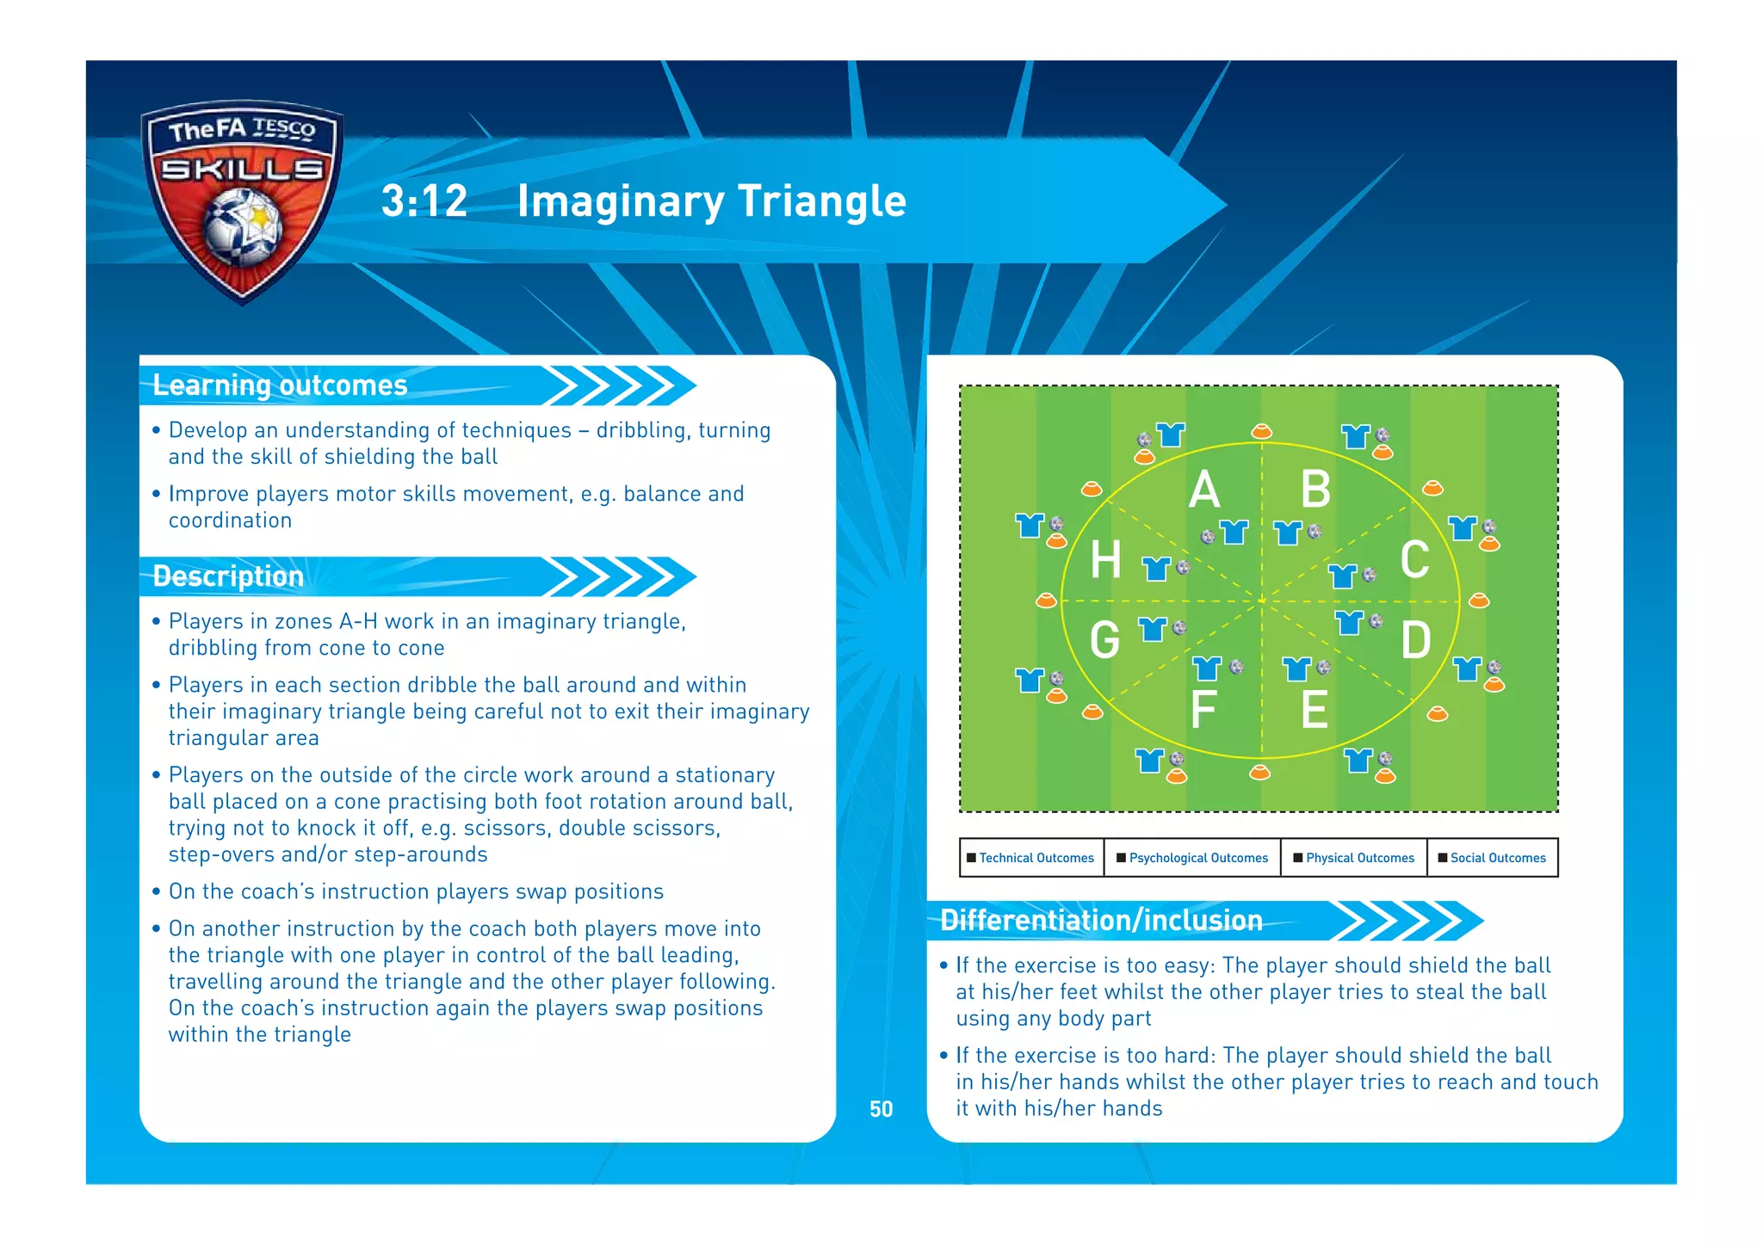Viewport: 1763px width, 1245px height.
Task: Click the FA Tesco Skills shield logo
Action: (x=242, y=200)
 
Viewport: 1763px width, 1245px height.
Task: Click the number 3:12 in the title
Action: (x=424, y=201)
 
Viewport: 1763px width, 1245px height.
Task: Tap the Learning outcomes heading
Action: (x=280, y=385)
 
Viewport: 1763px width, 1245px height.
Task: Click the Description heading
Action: (x=228, y=576)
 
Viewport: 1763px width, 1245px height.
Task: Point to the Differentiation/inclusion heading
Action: (x=1101, y=921)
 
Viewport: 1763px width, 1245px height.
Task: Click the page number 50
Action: (x=881, y=1109)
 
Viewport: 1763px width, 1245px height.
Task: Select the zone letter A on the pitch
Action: (x=1204, y=490)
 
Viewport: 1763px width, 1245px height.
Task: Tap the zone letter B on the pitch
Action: (x=1315, y=490)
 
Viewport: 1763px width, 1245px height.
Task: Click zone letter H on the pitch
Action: (x=1106, y=560)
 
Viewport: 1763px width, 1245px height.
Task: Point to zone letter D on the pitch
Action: (x=1416, y=641)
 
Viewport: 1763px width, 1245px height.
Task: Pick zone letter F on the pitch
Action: (x=1203, y=710)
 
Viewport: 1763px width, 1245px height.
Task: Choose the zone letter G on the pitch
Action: (x=1105, y=641)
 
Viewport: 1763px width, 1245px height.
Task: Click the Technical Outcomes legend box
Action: (x=1031, y=858)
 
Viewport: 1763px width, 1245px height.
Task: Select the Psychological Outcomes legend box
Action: (x=1192, y=858)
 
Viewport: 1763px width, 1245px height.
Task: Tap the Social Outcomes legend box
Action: (x=1493, y=858)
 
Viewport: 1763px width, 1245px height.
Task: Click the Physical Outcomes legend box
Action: (x=1354, y=858)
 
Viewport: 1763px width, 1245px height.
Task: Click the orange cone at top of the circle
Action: (x=1261, y=431)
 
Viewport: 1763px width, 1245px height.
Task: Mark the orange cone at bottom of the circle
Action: (x=1259, y=772)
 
